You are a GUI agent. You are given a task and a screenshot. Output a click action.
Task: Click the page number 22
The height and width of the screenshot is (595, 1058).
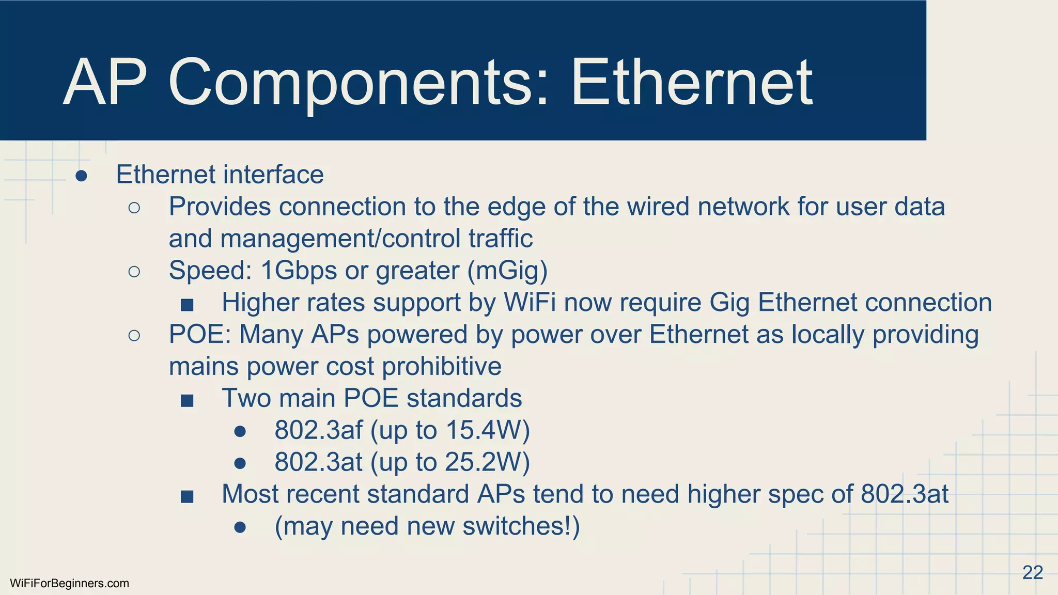pos(1032,572)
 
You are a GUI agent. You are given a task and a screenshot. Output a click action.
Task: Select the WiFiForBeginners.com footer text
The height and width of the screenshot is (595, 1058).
pos(69,584)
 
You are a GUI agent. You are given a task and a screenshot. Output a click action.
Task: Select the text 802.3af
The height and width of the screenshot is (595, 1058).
pos(318,430)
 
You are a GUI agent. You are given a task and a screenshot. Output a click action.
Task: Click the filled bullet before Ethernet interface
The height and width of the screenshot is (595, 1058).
pos(81,176)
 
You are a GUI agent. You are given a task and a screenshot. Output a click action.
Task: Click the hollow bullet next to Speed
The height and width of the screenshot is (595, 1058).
pos(134,272)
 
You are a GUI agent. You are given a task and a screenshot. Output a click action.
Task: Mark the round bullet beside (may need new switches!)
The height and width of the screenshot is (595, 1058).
pos(240,527)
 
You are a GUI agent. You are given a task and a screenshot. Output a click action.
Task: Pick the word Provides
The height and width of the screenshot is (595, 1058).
pos(220,207)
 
